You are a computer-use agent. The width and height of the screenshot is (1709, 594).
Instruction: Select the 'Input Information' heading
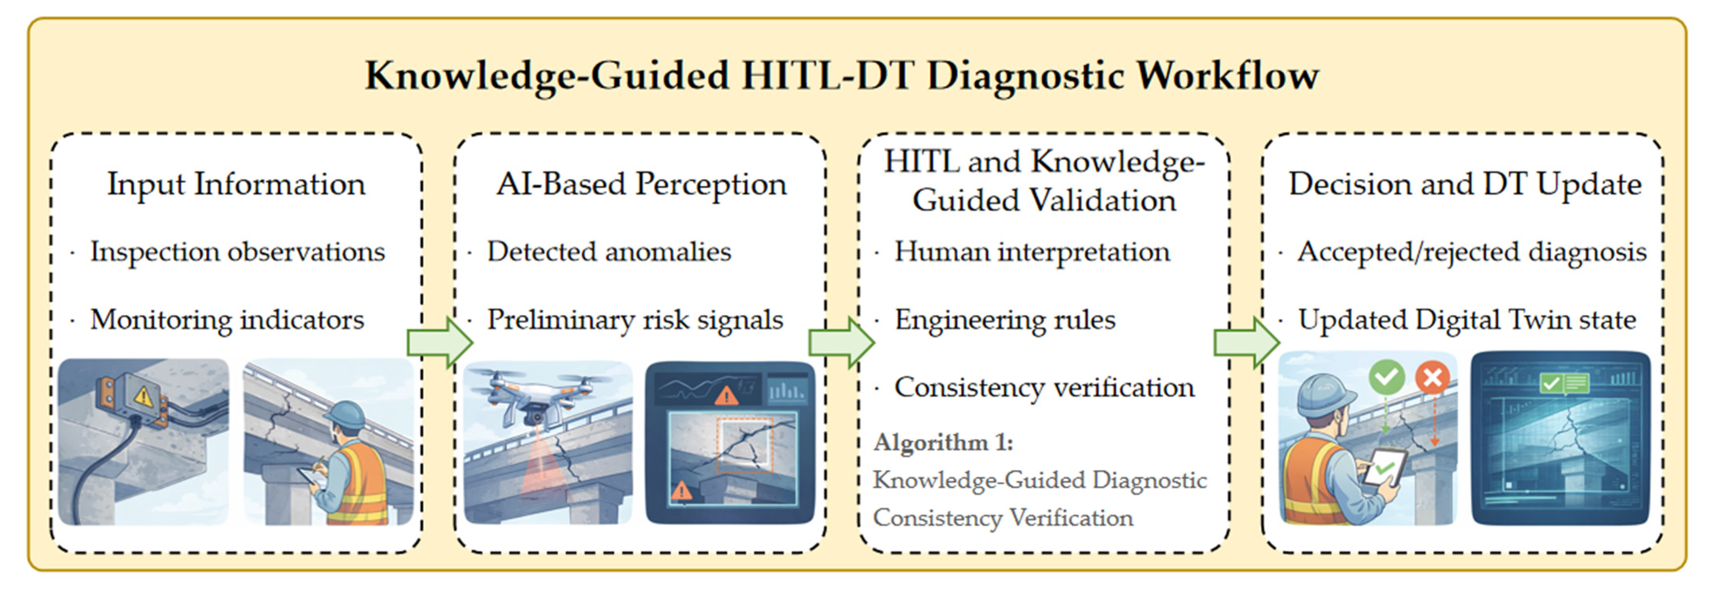pyautogui.click(x=236, y=184)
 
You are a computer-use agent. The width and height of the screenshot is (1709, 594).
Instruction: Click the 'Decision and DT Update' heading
pyautogui.click(x=1464, y=184)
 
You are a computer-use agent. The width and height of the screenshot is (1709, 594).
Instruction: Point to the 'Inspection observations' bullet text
pyautogui.click(x=238, y=252)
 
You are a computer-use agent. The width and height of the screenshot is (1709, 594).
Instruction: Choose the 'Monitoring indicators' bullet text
pyautogui.click(x=227, y=320)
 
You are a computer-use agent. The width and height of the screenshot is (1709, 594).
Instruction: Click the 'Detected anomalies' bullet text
pyautogui.click(x=609, y=252)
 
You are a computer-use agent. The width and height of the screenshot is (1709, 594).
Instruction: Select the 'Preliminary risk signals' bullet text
pyautogui.click(x=635, y=320)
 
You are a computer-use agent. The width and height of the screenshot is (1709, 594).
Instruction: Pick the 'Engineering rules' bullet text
pyautogui.click(x=1005, y=320)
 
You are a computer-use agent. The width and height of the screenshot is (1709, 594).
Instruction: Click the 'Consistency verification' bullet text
pyautogui.click(x=1044, y=387)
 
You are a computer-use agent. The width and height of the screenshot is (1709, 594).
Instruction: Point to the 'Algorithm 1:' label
pyautogui.click(x=943, y=442)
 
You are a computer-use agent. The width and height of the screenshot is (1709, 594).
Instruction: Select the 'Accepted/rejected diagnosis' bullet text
pyautogui.click(x=1471, y=252)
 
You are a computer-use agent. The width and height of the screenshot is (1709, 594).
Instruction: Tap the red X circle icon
pyautogui.click(x=1433, y=378)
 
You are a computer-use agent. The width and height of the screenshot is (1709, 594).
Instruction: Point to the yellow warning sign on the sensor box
pyautogui.click(x=143, y=396)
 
